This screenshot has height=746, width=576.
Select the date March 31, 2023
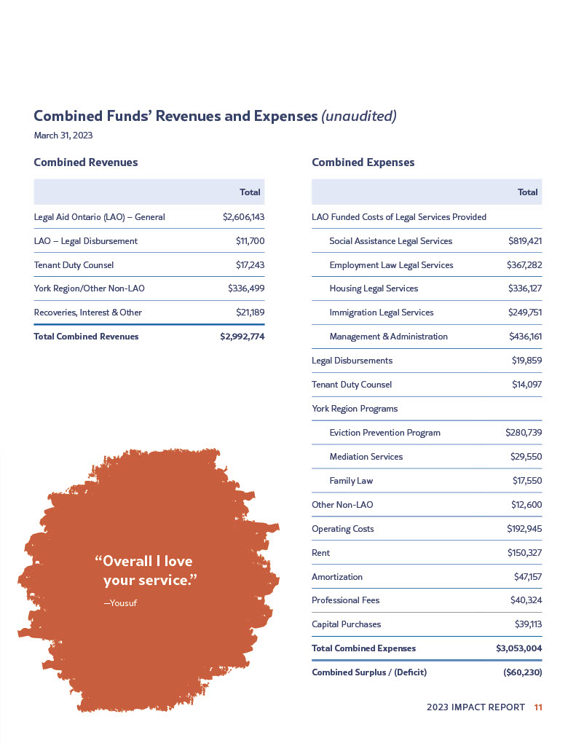[x=63, y=136]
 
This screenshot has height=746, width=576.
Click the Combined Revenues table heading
[x=86, y=162]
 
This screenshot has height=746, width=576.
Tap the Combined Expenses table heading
[x=363, y=162]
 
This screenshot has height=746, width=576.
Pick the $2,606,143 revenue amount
[x=243, y=217]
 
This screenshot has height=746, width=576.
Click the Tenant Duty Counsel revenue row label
[x=74, y=265]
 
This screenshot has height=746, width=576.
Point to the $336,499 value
[x=246, y=288]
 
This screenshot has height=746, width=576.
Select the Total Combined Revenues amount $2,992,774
[x=242, y=337]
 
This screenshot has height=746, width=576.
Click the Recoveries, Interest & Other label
[x=88, y=313]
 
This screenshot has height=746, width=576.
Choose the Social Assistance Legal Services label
[x=390, y=241]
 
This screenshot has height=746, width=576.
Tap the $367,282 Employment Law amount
[x=524, y=265]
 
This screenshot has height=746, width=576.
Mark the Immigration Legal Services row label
[x=381, y=313]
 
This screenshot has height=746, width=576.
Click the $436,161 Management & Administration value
[x=525, y=337]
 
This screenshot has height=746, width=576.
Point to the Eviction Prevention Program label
[x=384, y=433]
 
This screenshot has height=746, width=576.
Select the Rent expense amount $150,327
[x=524, y=553]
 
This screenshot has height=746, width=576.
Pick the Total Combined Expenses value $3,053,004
[x=519, y=648]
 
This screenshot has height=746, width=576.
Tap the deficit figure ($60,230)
[x=522, y=672]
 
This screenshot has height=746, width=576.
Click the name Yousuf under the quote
[x=122, y=602]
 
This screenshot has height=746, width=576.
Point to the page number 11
[x=538, y=707]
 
